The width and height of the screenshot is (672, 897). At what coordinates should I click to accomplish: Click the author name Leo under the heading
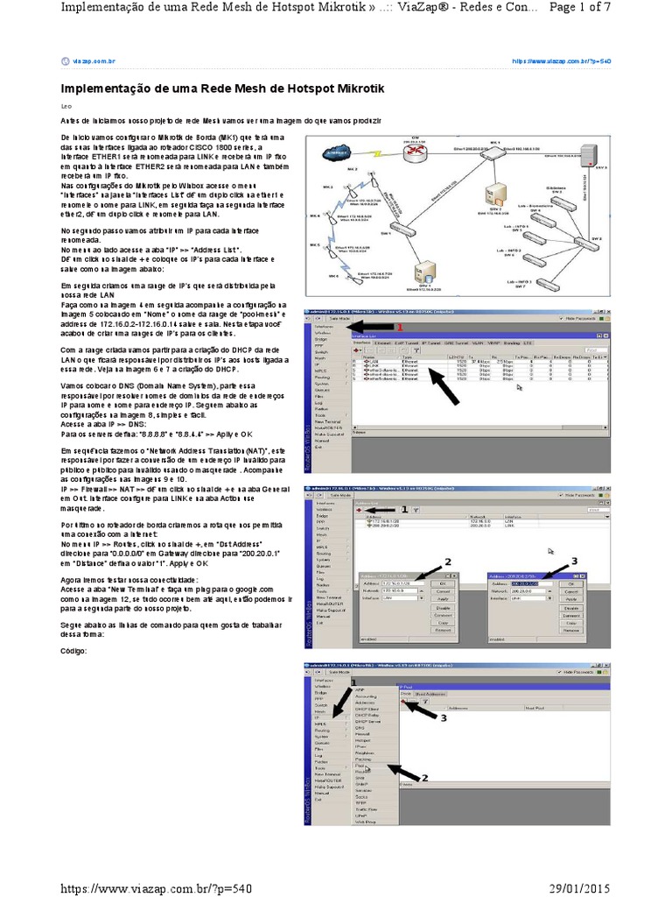[64, 105]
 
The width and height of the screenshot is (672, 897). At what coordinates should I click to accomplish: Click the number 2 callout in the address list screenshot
[448, 561]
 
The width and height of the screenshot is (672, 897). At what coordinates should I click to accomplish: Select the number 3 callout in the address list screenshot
[575, 559]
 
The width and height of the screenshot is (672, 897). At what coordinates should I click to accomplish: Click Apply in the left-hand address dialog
[443, 597]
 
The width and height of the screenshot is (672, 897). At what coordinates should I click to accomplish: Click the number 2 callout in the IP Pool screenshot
[425, 777]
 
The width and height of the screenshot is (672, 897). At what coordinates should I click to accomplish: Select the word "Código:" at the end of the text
[73, 650]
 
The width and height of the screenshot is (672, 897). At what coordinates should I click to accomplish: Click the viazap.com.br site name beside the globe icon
[94, 61]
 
